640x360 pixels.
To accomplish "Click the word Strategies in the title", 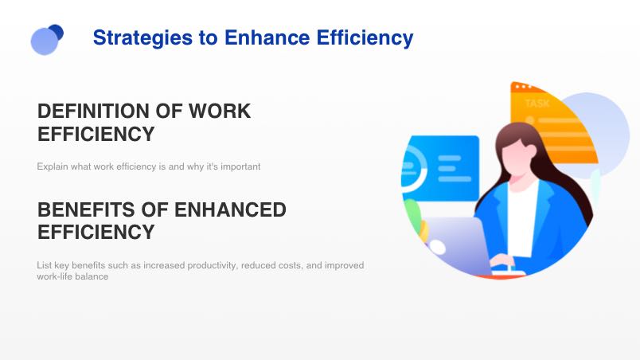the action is pos(142,38).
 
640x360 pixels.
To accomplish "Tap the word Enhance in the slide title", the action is pos(267,37).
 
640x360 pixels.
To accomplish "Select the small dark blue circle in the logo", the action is pos(57,32).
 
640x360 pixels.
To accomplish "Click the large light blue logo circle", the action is pos(45,41).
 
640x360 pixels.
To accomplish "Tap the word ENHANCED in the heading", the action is pos(230,209).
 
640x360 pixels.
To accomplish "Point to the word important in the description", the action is pos(240,166).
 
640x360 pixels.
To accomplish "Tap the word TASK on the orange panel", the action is pos(537,104).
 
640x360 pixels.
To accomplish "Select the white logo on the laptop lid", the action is pos(438,247).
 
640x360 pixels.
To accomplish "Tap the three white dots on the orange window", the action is pos(523,87).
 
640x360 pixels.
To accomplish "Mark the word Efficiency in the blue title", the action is pos(365,38).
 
